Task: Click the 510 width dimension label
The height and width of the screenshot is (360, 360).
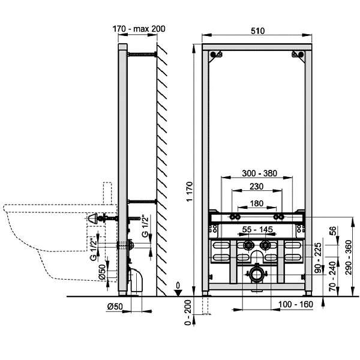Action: click(257, 31)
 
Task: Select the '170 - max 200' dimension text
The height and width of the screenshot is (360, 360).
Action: click(139, 29)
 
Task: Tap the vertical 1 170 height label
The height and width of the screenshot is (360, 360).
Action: click(190, 192)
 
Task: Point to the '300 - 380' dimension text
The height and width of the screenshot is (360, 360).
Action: click(259, 173)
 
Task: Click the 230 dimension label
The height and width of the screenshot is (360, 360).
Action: click(256, 187)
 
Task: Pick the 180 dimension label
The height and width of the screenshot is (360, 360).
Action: click(256, 203)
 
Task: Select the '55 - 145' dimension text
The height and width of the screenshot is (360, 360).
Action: click(258, 229)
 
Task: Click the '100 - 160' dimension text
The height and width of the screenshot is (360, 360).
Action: click(296, 304)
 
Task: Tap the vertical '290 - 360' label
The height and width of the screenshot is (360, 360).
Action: click(349, 257)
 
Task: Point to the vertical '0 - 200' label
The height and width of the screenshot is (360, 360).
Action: click(188, 313)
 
